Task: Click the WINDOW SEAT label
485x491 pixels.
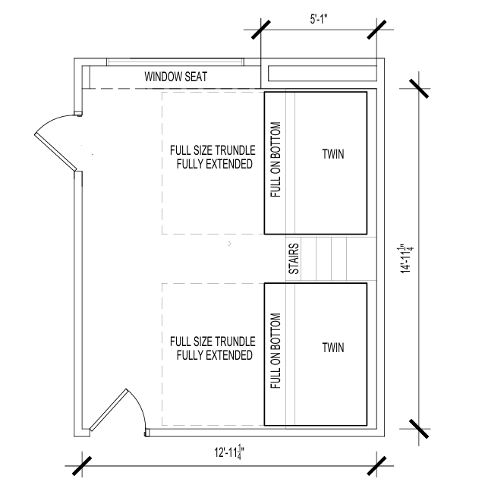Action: [x=175, y=77]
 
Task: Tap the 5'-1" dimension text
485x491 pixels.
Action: [x=319, y=20]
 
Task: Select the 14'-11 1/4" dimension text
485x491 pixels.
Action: [x=406, y=259]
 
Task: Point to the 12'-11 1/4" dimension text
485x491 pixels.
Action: [x=229, y=452]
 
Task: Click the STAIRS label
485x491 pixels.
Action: [x=294, y=259]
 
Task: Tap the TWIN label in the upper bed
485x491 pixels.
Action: [x=333, y=154]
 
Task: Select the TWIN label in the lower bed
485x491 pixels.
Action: [x=333, y=348]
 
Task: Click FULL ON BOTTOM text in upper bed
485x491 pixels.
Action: [x=276, y=159]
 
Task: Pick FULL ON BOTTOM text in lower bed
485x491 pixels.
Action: [x=276, y=351]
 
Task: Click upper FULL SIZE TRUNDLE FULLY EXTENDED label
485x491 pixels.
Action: [x=213, y=157]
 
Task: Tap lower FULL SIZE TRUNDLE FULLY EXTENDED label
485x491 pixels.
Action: [x=213, y=348]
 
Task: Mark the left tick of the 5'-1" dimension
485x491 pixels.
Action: [x=261, y=30]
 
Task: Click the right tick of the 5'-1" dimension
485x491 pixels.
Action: [x=376, y=30]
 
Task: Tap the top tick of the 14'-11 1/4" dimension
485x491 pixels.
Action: [x=419, y=89]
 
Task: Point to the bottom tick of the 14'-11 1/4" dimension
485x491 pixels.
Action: [x=419, y=429]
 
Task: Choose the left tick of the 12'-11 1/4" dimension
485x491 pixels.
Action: [x=82, y=466]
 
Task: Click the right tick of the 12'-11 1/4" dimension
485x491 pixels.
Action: [x=376, y=466]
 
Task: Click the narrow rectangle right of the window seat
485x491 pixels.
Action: [x=322, y=74]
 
